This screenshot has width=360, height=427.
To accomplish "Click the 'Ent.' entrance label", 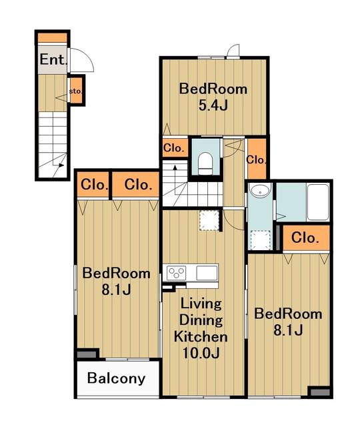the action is [53, 59].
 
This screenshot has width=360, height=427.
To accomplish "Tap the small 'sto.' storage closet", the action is [76, 91].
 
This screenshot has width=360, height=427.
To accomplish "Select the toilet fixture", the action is [205, 163].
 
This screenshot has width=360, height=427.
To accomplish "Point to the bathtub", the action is [318, 202].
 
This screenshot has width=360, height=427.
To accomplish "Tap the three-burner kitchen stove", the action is [176, 272].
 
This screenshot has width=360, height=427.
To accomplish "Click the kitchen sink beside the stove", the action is [207, 273].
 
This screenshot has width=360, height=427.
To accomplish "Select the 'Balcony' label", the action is [116, 378].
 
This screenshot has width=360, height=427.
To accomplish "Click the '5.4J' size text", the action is [213, 105].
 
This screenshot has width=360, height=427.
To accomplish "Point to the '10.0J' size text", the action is [201, 353].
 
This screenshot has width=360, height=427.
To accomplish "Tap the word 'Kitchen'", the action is [201, 336].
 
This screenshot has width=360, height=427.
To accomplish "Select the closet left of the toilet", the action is [175, 148].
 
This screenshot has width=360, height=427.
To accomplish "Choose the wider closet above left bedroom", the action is [135, 184].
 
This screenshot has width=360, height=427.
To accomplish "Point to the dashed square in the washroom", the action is [260, 240].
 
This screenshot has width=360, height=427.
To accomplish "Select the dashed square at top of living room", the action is [209, 221].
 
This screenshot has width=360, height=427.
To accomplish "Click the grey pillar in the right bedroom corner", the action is [320, 392].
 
